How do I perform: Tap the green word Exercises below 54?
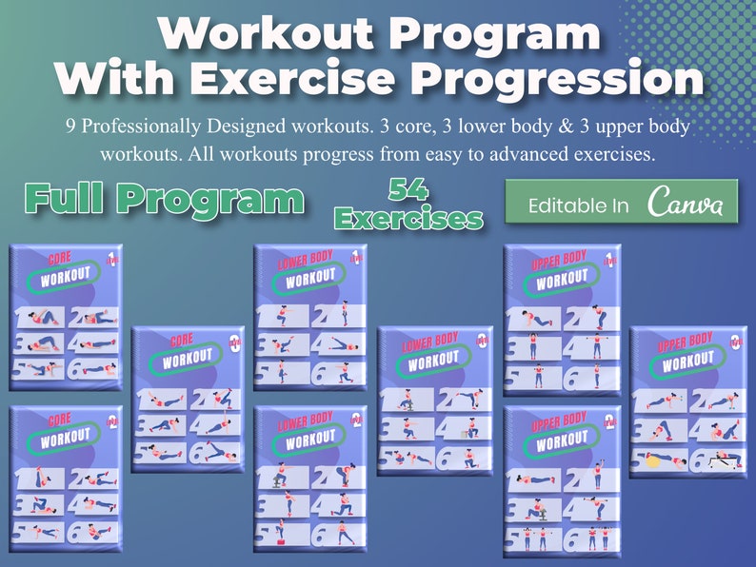pos(408,219)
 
